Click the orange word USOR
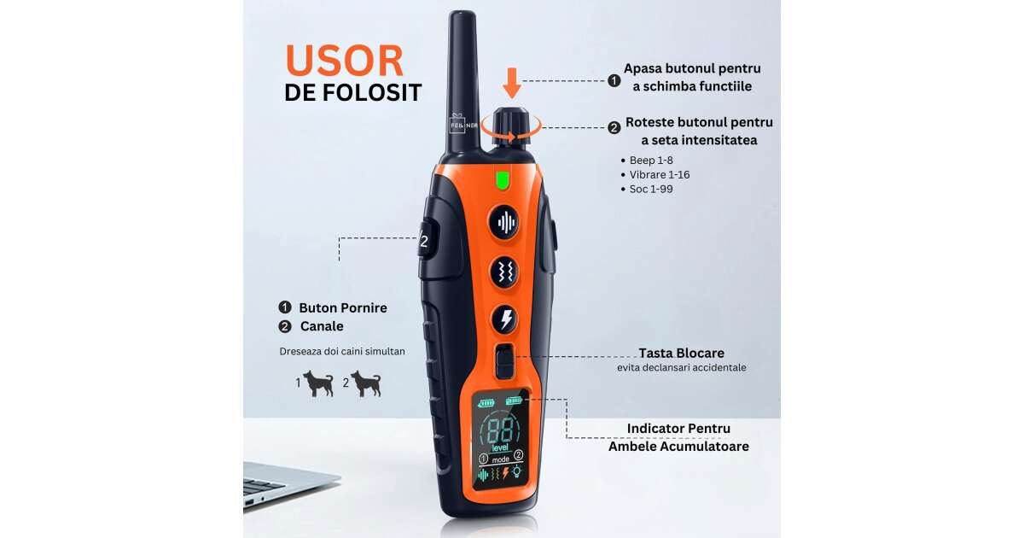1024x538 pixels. pyautogui.click(x=344, y=61)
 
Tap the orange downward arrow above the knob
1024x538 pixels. pyautogui.click(x=511, y=84)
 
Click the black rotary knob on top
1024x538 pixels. pyautogui.click(x=511, y=127)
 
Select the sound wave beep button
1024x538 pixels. pyautogui.click(x=505, y=223)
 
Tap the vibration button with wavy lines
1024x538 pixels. pyautogui.click(x=505, y=272)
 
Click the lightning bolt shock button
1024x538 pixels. pyautogui.click(x=505, y=319)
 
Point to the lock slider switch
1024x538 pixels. pyautogui.click(x=504, y=361)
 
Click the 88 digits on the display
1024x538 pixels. pyautogui.click(x=502, y=429)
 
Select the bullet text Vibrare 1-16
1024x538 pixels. pyautogui.click(x=659, y=175)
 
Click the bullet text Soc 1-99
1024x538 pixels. pyautogui.click(x=651, y=189)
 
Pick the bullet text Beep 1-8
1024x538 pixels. pyautogui.click(x=651, y=161)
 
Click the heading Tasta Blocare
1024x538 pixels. pyautogui.click(x=681, y=354)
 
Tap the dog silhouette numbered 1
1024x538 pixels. pyautogui.click(x=318, y=383)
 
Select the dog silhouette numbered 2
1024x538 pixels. pyautogui.click(x=366, y=383)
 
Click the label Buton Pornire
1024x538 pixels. pyautogui.click(x=343, y=308)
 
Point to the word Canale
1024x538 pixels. pyautogui.click(x=322, y=326)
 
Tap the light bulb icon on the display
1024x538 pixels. pyautogui.click(x=517, y=471)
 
